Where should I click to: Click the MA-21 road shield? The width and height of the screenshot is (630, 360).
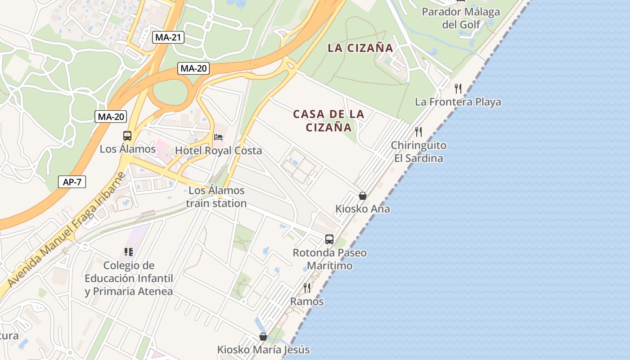click(x=169, y=37)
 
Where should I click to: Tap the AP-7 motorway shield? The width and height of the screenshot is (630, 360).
click(x=72, y=182)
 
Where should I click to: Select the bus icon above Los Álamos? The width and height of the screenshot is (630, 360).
click(x=127, y=136)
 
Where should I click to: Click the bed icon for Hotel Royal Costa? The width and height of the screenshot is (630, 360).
click(x=218, y=137)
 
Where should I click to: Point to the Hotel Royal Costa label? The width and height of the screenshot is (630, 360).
click(x=218, y=151)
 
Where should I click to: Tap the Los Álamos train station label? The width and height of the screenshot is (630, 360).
click(x=216, y=197)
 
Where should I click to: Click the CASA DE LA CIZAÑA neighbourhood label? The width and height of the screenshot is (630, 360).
click(x=329, y=121)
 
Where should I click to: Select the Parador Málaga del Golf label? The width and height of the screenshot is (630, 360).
click(x=461, y=18)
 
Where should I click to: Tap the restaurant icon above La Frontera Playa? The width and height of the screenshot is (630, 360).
click(x=458, y=88)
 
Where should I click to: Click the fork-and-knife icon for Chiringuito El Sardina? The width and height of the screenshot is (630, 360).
click(x=418, y=132)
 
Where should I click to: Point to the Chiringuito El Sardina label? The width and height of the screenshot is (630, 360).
click(x=418, y=152)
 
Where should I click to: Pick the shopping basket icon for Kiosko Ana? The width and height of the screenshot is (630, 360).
click(x=363, y=196)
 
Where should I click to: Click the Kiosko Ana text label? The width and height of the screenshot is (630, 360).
click(x=363, y=209)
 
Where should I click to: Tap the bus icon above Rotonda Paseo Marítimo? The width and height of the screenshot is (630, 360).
click(x=329, y=239)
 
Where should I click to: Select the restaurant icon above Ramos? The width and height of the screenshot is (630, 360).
click(x=307, y=288)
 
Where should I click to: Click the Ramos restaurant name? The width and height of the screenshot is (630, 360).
click(x=307, y=301)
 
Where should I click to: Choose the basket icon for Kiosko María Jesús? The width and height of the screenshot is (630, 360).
click(x=263, y=337)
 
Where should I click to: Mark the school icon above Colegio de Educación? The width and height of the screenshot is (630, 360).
click(x=129, y=252)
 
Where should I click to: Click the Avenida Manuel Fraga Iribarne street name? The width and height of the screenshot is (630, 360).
click(x=66, y=229)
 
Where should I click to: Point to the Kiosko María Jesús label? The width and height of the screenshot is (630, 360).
click(x=263, y=350)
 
